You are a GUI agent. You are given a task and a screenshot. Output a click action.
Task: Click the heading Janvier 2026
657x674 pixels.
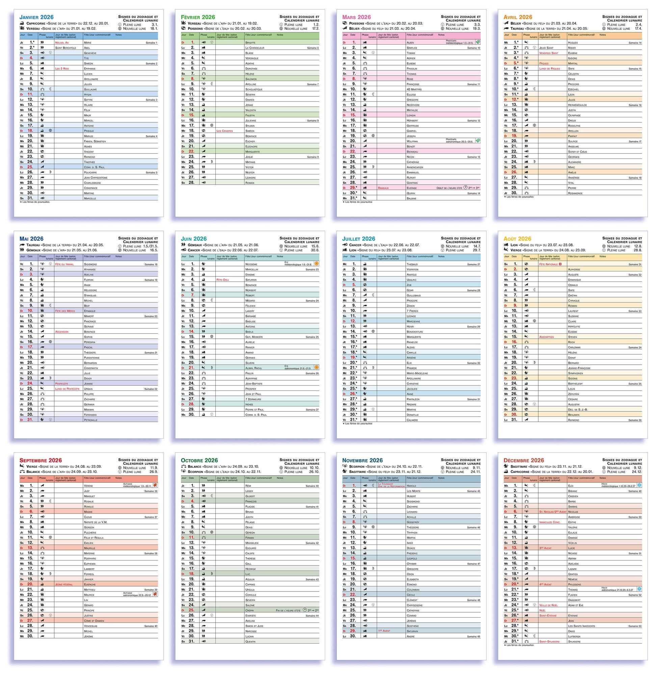click(36, 17)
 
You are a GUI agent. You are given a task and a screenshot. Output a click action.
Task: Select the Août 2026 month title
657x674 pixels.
click(517, 239)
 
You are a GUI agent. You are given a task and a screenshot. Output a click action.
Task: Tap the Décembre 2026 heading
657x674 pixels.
click(523, 460)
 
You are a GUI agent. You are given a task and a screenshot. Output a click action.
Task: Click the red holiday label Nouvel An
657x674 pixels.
click(62, 43)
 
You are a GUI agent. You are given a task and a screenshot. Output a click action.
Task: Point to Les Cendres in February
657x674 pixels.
click(225, 131)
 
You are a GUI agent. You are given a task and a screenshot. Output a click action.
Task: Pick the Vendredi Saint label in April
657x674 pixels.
click(549, 53)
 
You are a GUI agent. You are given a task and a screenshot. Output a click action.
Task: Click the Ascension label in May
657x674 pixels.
click(62, 332)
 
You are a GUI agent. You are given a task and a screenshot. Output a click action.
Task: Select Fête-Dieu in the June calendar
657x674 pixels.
click(222, 280)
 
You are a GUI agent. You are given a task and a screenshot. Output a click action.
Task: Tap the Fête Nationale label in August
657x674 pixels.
click(549, 264)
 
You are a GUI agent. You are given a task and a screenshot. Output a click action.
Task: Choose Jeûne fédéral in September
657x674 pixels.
click(64, 584)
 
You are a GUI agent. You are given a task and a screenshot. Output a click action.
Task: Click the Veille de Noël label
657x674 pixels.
click(548, 605)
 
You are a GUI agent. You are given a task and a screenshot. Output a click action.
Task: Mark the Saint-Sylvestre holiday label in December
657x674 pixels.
click(549, 642)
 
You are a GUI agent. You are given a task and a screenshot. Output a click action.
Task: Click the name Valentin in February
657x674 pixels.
click(251, 110)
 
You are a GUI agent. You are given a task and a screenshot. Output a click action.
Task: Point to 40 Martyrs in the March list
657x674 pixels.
click(414, 90)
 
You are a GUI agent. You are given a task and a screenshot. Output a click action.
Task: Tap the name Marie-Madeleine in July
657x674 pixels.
click(418, 373)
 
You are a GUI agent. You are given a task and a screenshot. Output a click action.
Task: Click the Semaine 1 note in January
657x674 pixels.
click(151, 43)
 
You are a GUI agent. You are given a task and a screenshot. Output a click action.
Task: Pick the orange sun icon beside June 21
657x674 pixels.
click(316, 367)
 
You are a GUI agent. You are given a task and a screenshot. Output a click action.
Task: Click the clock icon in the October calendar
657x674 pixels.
click(305, 610)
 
